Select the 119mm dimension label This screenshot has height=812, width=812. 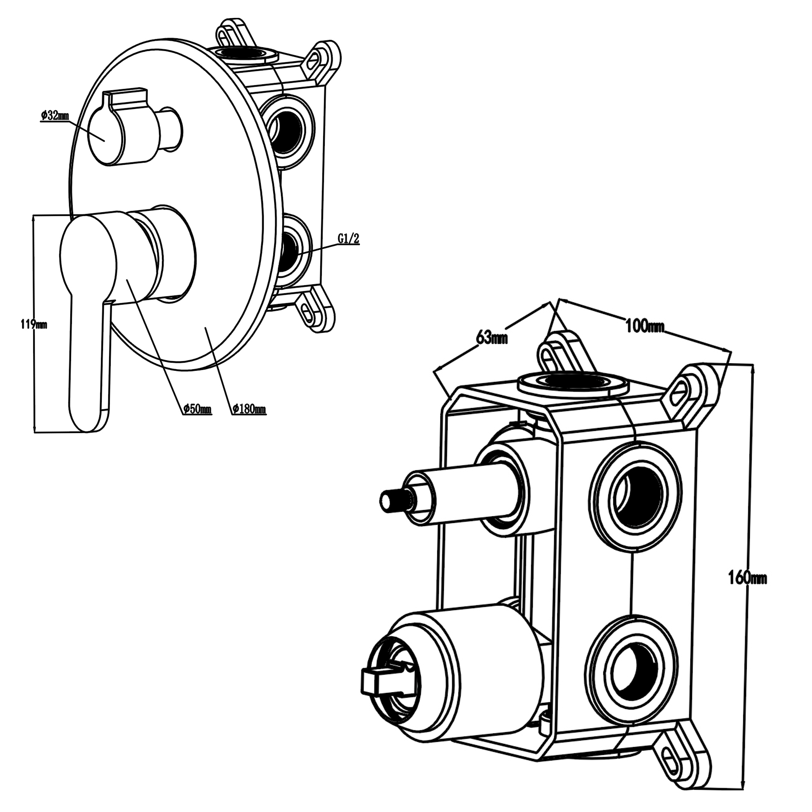(34, 325)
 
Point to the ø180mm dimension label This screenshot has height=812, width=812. (250, 408)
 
